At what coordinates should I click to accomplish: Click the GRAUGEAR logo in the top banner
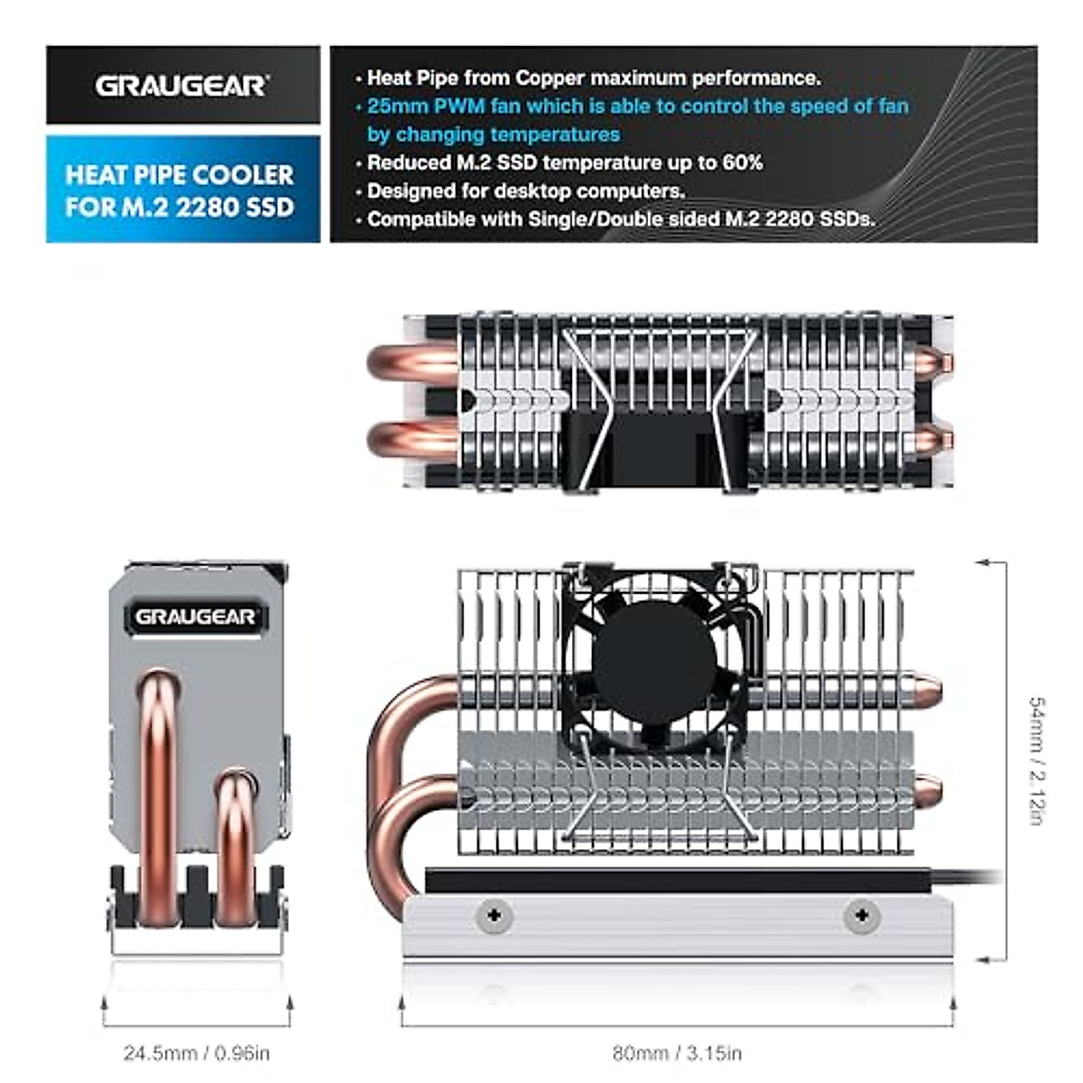pos(181,86)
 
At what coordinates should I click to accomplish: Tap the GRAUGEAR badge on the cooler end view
pos(195,617)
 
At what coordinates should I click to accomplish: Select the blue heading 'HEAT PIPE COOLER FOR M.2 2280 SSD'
pos(180,190)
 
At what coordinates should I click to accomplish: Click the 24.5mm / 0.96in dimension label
pos(197,1053)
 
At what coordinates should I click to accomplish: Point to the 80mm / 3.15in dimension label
pos(677,1053)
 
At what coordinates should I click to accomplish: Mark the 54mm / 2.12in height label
pos(1037,760)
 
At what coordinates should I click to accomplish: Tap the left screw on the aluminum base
pos(494,916)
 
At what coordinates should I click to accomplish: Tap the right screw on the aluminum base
pos(861,916)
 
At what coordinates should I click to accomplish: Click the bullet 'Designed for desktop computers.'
pos(526,191)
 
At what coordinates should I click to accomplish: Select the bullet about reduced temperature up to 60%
pos(565,163)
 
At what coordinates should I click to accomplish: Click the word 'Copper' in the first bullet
pos(550,78)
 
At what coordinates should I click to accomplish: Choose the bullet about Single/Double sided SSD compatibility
pos(621,219)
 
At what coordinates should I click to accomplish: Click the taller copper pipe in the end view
pos(157,794)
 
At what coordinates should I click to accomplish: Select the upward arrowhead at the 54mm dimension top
pos(980,563)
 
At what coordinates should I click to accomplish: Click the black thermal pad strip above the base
pos(677,881)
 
